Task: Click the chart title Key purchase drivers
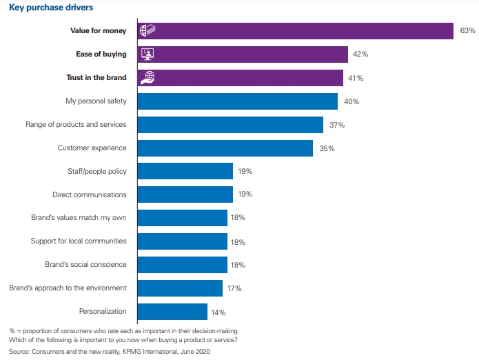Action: click(x=52, y=8)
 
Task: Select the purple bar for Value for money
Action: click(x=296, y=31)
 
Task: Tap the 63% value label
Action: click(x=467, y=31)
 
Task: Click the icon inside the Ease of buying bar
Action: click(x=147, y=54)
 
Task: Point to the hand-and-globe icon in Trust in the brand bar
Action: click(x=147, y=78)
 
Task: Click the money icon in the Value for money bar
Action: click(x=147, y=31)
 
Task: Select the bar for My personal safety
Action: click(x=238, y=101)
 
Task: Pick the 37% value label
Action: click(x=336, y=125)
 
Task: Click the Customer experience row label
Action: click(x=92, y=148)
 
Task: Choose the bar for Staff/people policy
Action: click(x=185, y=172)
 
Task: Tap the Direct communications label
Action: click(x=90, y=195)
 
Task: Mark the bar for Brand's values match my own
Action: click(x=183, y=218)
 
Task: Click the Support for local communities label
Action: click(x=79, y=241)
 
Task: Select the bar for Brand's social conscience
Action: click(x=183, y=265)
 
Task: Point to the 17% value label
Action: click(x=234, y=288)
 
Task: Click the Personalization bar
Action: click(x=172, y=312)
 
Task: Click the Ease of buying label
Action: click(x=101, y=54)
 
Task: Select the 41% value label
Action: click(x=356, y=78)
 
